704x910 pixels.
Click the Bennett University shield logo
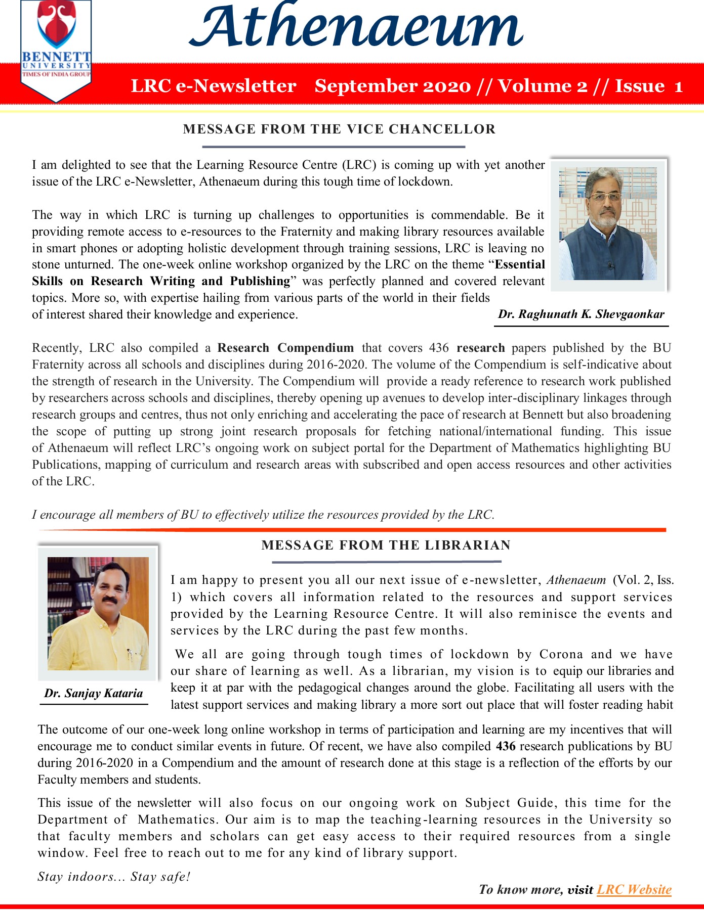pyautogui.click(x=56, y=48)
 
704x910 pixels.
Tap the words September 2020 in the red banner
pyautogui.click(x=392, y=86)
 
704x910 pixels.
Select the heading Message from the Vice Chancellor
pyautogui.click(x=339, y=129)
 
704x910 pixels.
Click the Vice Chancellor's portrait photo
pyautogui.click(x=608, y=223)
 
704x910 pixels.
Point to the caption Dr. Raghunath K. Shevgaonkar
pyautogui.click(x=581, y=314)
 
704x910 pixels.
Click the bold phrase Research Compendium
pyautogui.click(x=285, y=348)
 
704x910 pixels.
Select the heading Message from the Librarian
pyautogui.click(x=386, y=545)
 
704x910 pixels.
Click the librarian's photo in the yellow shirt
pyautogui.click(x=98, y=613)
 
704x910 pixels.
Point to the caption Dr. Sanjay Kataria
pyautogui.click(x=94, y=693)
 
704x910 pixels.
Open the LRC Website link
pyautogui.click(x=634, y=890)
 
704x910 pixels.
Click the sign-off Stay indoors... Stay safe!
pyautogui.click(x=114, y=877)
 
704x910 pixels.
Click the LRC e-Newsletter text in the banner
pyautogui.click(x=214, y=86)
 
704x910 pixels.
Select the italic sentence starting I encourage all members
pyautogui.click(x=263, y=515)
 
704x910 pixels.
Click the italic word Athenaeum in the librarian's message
pyautogui.click(x=576, y=580)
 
